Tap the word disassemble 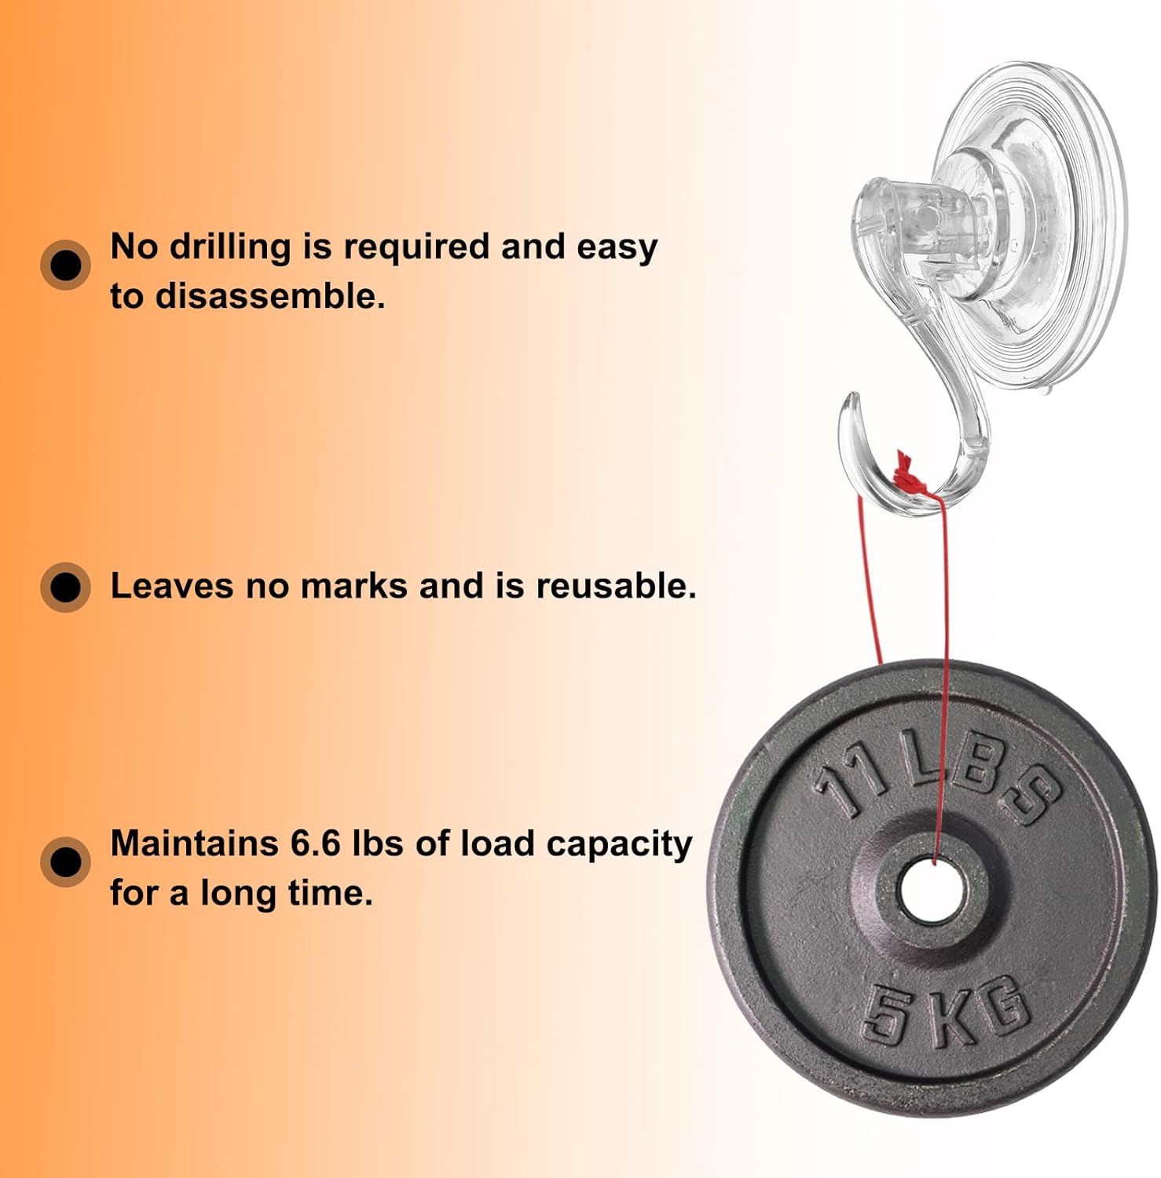pyautogui.click(x=270, y=297)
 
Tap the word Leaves pyautogui.click(x=172, y=586)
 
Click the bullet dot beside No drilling pyautogui.click(x=65, y=265)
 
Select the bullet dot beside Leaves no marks pyautogui.click(x=65, y=587)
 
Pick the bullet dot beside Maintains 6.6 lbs pyautogui.click(x=65, y=862)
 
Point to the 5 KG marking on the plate pyautogui.click(x=946, y=1012)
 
